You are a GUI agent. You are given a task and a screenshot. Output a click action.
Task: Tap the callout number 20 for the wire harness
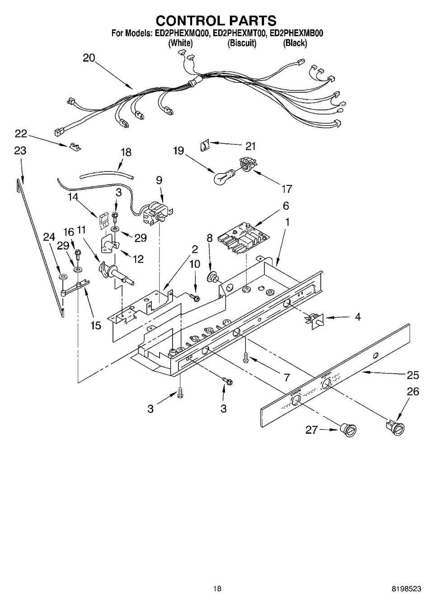[x=89, y=58]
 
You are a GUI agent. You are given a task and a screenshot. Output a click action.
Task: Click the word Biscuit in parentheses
[x=242, y=43]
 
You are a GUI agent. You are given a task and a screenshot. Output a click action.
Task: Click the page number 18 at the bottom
[x=217, y=589]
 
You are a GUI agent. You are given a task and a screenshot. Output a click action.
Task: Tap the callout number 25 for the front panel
[x=413, y=375]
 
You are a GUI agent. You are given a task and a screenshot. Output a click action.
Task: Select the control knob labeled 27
[x=348, y=430]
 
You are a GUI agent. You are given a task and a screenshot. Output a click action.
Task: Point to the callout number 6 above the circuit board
[x=286, y=206]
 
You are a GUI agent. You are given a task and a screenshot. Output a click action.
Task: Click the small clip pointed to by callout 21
[x=204, y=145]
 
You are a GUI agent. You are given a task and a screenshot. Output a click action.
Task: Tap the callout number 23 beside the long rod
[x=19, y=151]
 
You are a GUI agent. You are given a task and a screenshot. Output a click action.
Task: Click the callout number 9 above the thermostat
[x=159, y=180]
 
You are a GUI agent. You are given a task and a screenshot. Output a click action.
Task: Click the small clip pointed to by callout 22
[x=75, y=147]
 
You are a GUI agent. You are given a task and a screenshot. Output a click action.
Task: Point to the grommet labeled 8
[x=211, y=276]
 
